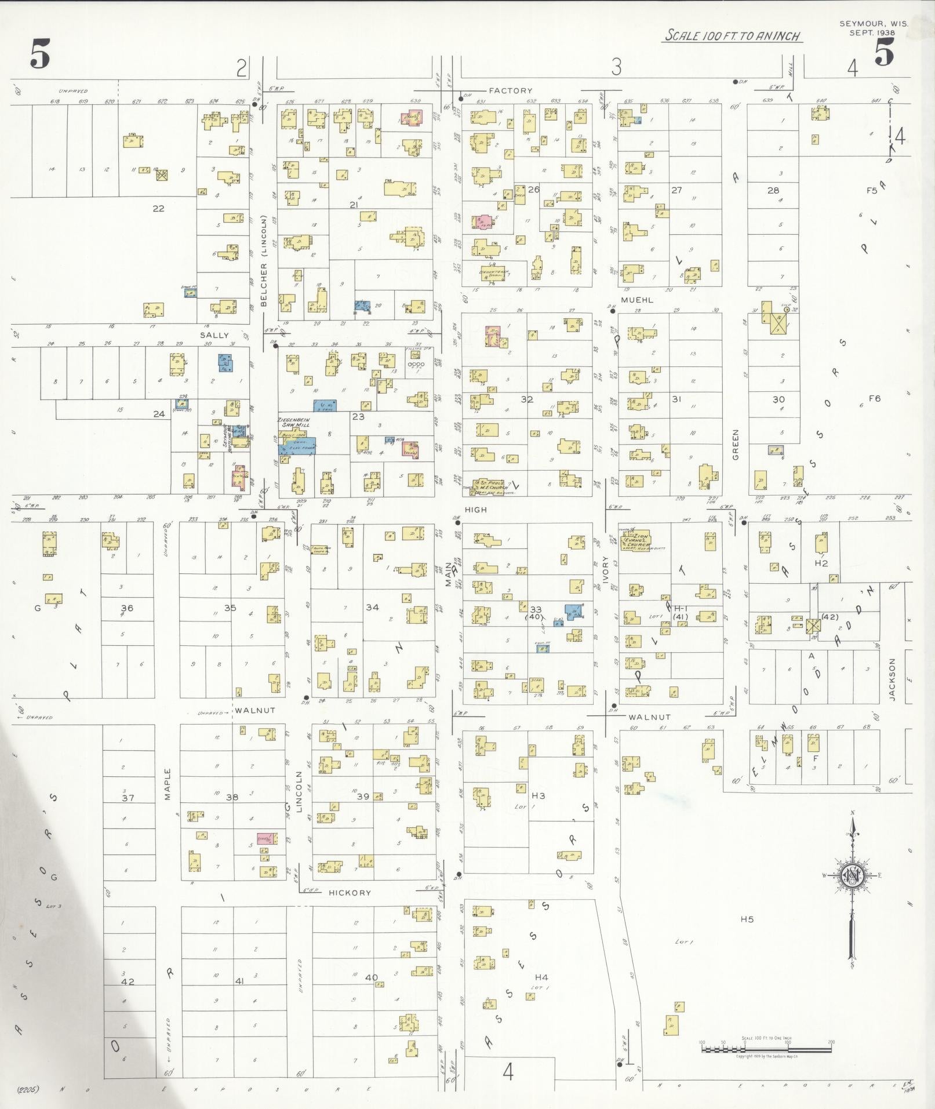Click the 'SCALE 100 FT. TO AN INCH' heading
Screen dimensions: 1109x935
732,35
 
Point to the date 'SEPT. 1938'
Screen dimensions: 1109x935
872,33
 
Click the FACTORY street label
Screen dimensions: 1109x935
510,90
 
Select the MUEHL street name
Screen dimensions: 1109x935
637,300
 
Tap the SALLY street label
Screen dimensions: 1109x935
214,335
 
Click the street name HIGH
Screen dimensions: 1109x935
475,510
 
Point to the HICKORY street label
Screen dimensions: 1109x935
350,893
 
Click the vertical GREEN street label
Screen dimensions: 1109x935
736,445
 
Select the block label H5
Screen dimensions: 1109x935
747,919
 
